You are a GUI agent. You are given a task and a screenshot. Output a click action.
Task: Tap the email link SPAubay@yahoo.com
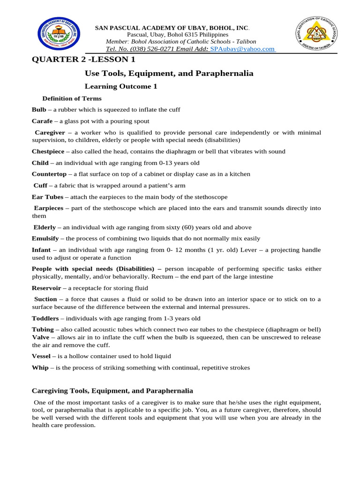[x=242, y=49]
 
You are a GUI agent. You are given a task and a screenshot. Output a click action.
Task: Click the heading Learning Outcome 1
[x=120, y=86]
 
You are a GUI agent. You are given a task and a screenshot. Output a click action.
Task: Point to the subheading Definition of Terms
[x=72, y=98]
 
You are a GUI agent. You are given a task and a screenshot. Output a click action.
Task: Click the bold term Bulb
[x=39, y=110]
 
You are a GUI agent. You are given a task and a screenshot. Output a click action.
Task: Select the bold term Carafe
[x=42, y=121]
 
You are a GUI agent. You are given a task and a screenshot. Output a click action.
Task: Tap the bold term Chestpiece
[x=48, y=151]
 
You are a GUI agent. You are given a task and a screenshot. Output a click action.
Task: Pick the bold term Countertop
[x=49, y=174]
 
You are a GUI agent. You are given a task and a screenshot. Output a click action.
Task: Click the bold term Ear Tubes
[x=47, y=196]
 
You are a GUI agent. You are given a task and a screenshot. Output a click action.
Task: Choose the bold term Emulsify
[x=45, y=239]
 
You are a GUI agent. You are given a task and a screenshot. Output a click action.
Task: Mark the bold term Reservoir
[x=46, y=288]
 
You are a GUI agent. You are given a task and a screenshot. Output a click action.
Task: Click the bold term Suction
[x=46, y=299]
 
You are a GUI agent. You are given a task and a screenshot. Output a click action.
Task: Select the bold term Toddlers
[x=45, y=318]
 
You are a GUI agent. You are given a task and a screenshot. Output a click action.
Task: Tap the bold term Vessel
[x=41, y=356]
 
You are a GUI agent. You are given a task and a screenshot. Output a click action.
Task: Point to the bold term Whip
[x=40, y=367]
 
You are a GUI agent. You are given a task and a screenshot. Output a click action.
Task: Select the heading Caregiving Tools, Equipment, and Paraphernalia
[x=112, y=390]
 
